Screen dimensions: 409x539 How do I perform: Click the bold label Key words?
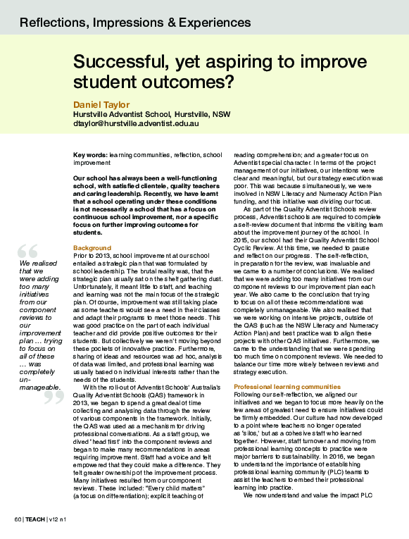(89, 154)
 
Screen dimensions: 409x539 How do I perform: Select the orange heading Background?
(92, 248)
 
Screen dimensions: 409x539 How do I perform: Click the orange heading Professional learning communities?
(277, 388)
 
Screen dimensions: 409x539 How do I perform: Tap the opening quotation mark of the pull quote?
(28, 251)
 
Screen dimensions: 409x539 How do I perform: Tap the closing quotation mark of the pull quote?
(54, 399)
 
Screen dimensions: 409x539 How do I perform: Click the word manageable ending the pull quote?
(39, 388)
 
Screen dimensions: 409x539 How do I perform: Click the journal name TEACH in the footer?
(36, 520)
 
